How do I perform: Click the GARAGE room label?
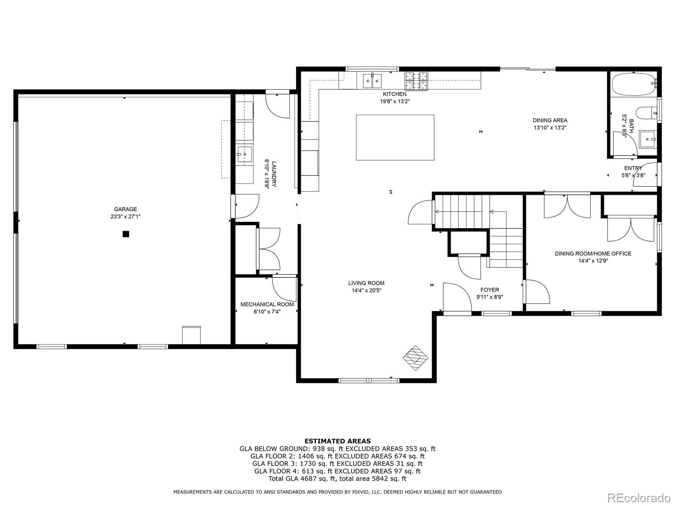point(125,209)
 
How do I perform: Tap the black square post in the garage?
point(126,234)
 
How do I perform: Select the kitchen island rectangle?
point(395,137)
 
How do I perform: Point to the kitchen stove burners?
point(416,81)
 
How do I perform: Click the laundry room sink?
point(244,155)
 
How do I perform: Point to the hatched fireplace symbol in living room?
point(416,358)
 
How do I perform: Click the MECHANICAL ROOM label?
point(267,304)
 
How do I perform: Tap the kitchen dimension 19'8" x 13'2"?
point(395,101)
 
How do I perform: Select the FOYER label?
point(489,290)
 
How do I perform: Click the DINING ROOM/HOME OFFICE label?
point(593,253)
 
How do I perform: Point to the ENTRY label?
point(633,168)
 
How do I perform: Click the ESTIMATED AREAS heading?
point(337,441)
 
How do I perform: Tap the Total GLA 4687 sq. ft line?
point(337,479)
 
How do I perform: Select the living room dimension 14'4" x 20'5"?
point(366,291)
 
